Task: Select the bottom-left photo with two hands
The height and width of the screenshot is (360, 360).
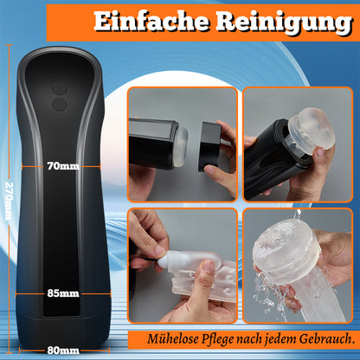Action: tap(182, 265)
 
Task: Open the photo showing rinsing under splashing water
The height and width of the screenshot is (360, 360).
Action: tap(299, 265)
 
